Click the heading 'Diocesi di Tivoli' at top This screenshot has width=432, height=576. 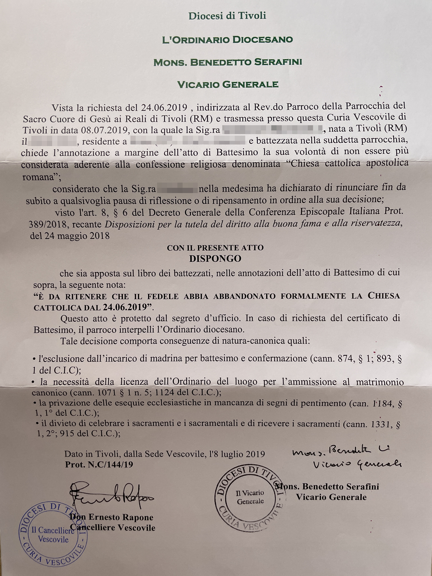coord(227,16)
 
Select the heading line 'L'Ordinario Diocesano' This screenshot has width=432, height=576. coord(227,40)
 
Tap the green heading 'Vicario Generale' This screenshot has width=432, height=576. coord(227,85)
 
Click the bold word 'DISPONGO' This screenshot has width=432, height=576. coord(215,258)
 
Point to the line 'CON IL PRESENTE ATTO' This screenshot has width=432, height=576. coord(215,247)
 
